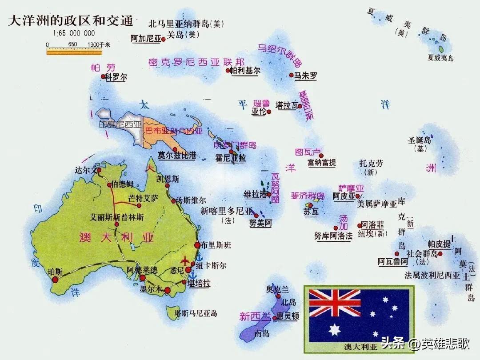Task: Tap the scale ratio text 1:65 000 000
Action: coord(74,33)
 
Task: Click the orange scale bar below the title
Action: coord(74,52)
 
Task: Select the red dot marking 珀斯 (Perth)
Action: coord(55,279)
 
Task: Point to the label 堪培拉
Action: coord(199,283)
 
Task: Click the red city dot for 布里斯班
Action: coord(197,245)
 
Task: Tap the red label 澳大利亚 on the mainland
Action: coord(116,237)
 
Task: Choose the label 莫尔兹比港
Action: coord(177,156)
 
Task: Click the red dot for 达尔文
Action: coord(99,170)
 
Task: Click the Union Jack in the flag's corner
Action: coord(335,303)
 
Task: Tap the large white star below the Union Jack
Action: coord(335,330)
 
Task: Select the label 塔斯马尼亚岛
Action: coord(196,313)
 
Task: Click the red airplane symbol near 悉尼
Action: coord(185,260)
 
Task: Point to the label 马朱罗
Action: coord(306,76)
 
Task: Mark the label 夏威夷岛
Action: coord(440,58)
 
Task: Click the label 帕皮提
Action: coord(439,244)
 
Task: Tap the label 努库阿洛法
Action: coord(333,236)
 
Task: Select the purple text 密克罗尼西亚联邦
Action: coord(196,62)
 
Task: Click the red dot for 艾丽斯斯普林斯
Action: coord(117,224)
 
